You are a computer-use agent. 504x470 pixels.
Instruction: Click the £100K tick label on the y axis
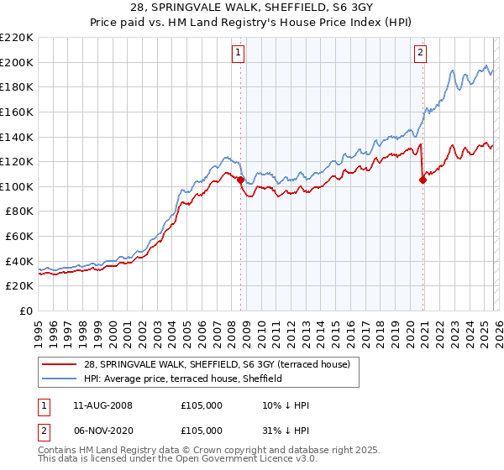(17, 186)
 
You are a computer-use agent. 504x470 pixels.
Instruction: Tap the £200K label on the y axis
(17, 62)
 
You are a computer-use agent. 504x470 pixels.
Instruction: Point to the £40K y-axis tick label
(19, 261)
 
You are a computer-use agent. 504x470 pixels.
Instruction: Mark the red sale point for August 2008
(240, 180)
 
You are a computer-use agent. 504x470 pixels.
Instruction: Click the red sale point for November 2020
(423, 180)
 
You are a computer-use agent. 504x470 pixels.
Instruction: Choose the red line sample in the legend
(60, 363)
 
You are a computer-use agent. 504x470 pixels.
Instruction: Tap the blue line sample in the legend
(60, 379)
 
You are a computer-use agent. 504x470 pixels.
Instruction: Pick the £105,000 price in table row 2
(202, 430)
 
